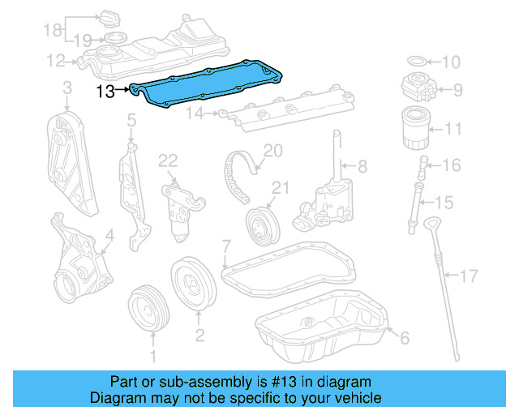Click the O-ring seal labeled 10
click(x=414, y=61)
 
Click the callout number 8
click(x=362, y=166)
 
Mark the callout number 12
click(x=56, y=60)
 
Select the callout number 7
click(x=226, y=245)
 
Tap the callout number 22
click(x=168, y=161)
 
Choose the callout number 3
click(x=67, y=88)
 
